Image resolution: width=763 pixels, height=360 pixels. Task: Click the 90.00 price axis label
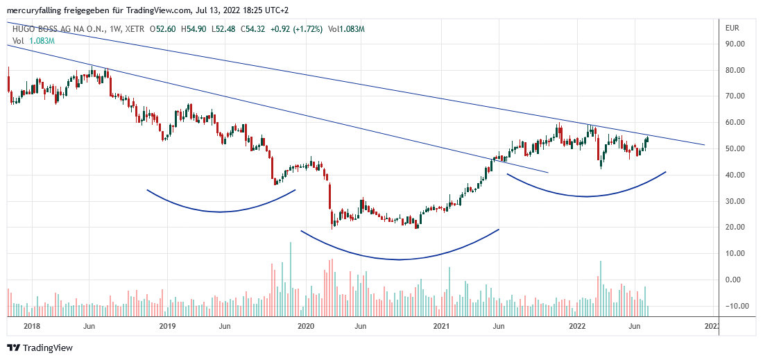[735, 44]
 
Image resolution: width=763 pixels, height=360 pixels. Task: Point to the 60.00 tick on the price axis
[735, 123]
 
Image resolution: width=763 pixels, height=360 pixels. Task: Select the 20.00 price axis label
[735, 228]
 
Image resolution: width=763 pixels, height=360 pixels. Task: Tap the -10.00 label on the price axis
[734, 306]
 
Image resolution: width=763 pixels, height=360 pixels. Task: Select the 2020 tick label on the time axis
[305, 325]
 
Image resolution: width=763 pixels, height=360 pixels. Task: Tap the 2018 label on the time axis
[31, 325]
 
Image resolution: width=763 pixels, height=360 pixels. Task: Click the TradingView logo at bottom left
[40, 348]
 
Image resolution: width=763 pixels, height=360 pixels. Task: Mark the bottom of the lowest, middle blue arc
[400, 259]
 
